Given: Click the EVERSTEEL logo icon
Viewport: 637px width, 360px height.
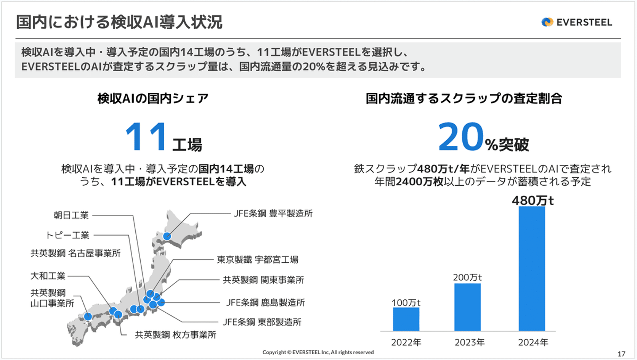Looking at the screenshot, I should (547, 22).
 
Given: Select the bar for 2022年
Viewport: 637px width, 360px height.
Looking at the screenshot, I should (406, 319).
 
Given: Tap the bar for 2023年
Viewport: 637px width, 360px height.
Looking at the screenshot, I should (467, 307).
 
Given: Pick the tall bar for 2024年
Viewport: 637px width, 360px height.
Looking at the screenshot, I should (532, 268).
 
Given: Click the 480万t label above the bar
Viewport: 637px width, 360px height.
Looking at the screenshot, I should (533, 201).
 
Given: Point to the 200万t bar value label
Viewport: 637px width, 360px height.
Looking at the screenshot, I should (467, 277).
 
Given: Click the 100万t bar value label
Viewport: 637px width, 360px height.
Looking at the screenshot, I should (406, 303).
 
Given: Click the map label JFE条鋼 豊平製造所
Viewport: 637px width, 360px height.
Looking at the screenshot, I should (273, 214).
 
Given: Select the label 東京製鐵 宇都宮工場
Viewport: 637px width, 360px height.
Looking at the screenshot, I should (257, 259).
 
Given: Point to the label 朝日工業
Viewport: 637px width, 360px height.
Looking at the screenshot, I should (71, 215).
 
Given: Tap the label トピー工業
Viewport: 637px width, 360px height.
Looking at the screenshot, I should (68, 235).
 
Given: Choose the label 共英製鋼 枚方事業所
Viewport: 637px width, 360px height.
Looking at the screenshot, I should (176, 335).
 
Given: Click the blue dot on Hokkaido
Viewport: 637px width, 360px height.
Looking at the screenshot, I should (167, 236).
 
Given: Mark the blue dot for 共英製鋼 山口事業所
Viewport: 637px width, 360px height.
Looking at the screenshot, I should (88, 316).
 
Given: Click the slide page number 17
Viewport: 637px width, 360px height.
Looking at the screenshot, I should (621, 353).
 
